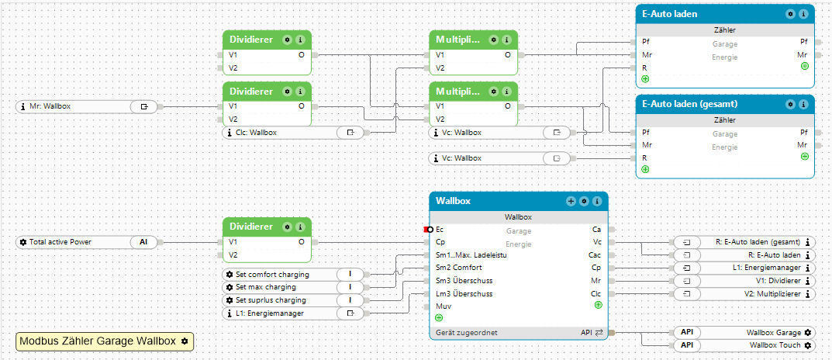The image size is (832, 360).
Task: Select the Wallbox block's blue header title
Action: (x=453, y=201)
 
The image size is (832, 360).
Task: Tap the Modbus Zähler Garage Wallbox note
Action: (x=105, y=341)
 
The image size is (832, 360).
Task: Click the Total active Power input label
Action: (x=60, y=242)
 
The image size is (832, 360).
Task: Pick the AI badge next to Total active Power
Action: (x=143, y=242)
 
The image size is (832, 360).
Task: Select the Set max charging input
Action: (x=266, y=287)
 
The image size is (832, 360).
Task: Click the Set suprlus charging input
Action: (x=271, y=300)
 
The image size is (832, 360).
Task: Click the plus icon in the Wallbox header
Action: (x=571, y=201)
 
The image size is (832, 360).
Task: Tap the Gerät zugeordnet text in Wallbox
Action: (x=467, y=332)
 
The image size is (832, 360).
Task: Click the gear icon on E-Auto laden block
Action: (x=791, y=14)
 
